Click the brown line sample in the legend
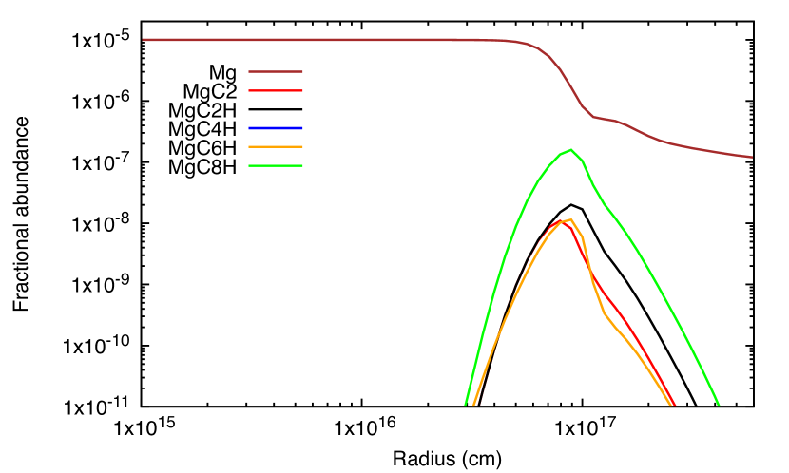pyautogui.click(x=276, y=71)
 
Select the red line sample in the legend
pyautogui.click(x=276, y=90)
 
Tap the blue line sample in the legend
pyautogui.click(x=276, y=128)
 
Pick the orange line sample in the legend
pyautogui.click(x=276, y=147)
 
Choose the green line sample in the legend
pyautogui.click(x=276, y=166)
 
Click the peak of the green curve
pyautogui.click(x=570, y=150)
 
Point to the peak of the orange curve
pyautogui.click(x=570, y=219)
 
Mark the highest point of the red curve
pyautogui.click(x=560, y=221)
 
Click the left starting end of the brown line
pyautogui.click(x=144, y=40)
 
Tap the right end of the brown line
pyautogui.click(x=751, y=157)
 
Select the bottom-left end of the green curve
pyautogui.click(x=466, y=404)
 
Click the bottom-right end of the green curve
pyautogui.click(x=718, y=404)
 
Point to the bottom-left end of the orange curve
pyautogui.click(x=473, y=404)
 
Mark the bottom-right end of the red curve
pyautogui.click(x=674, y=404)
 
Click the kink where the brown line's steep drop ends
pyautogui.click(x=594, y=117)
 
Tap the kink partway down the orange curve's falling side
pyautogui.click(x=605, y=313)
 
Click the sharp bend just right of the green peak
pyautogui.click(x=583, y=162)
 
